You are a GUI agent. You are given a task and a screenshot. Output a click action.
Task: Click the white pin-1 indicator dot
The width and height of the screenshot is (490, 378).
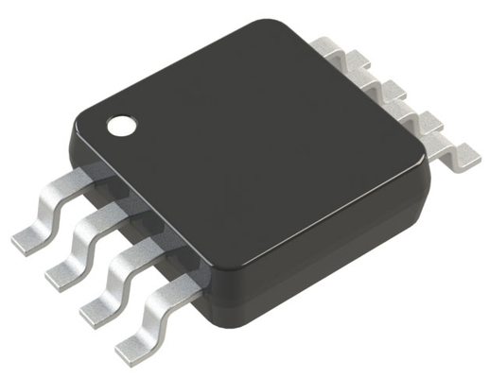pos(120,125)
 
